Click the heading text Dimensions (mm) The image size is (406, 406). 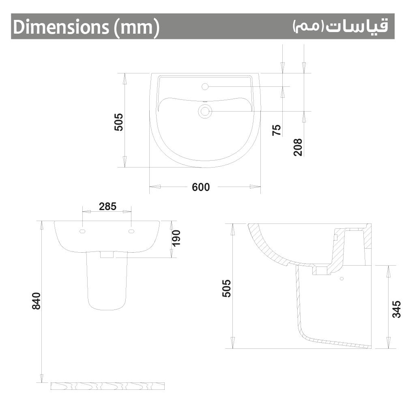86,28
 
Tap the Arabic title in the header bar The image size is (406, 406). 341,26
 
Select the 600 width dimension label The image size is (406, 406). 201,187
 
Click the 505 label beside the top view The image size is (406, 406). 118,122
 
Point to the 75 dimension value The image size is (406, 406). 277,130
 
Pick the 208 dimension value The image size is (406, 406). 298,147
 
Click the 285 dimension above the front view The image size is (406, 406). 108,206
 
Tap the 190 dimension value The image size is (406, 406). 176,238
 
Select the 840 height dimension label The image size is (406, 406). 36,301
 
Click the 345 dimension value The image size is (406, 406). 396,309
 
